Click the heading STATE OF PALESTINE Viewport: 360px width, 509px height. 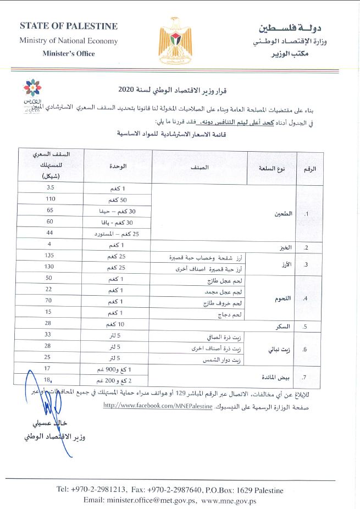(68, 26)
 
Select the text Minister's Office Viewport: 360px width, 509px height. (68, 53)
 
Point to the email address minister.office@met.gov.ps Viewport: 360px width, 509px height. (140, 500)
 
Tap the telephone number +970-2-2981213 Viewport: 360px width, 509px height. (101, 489)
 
